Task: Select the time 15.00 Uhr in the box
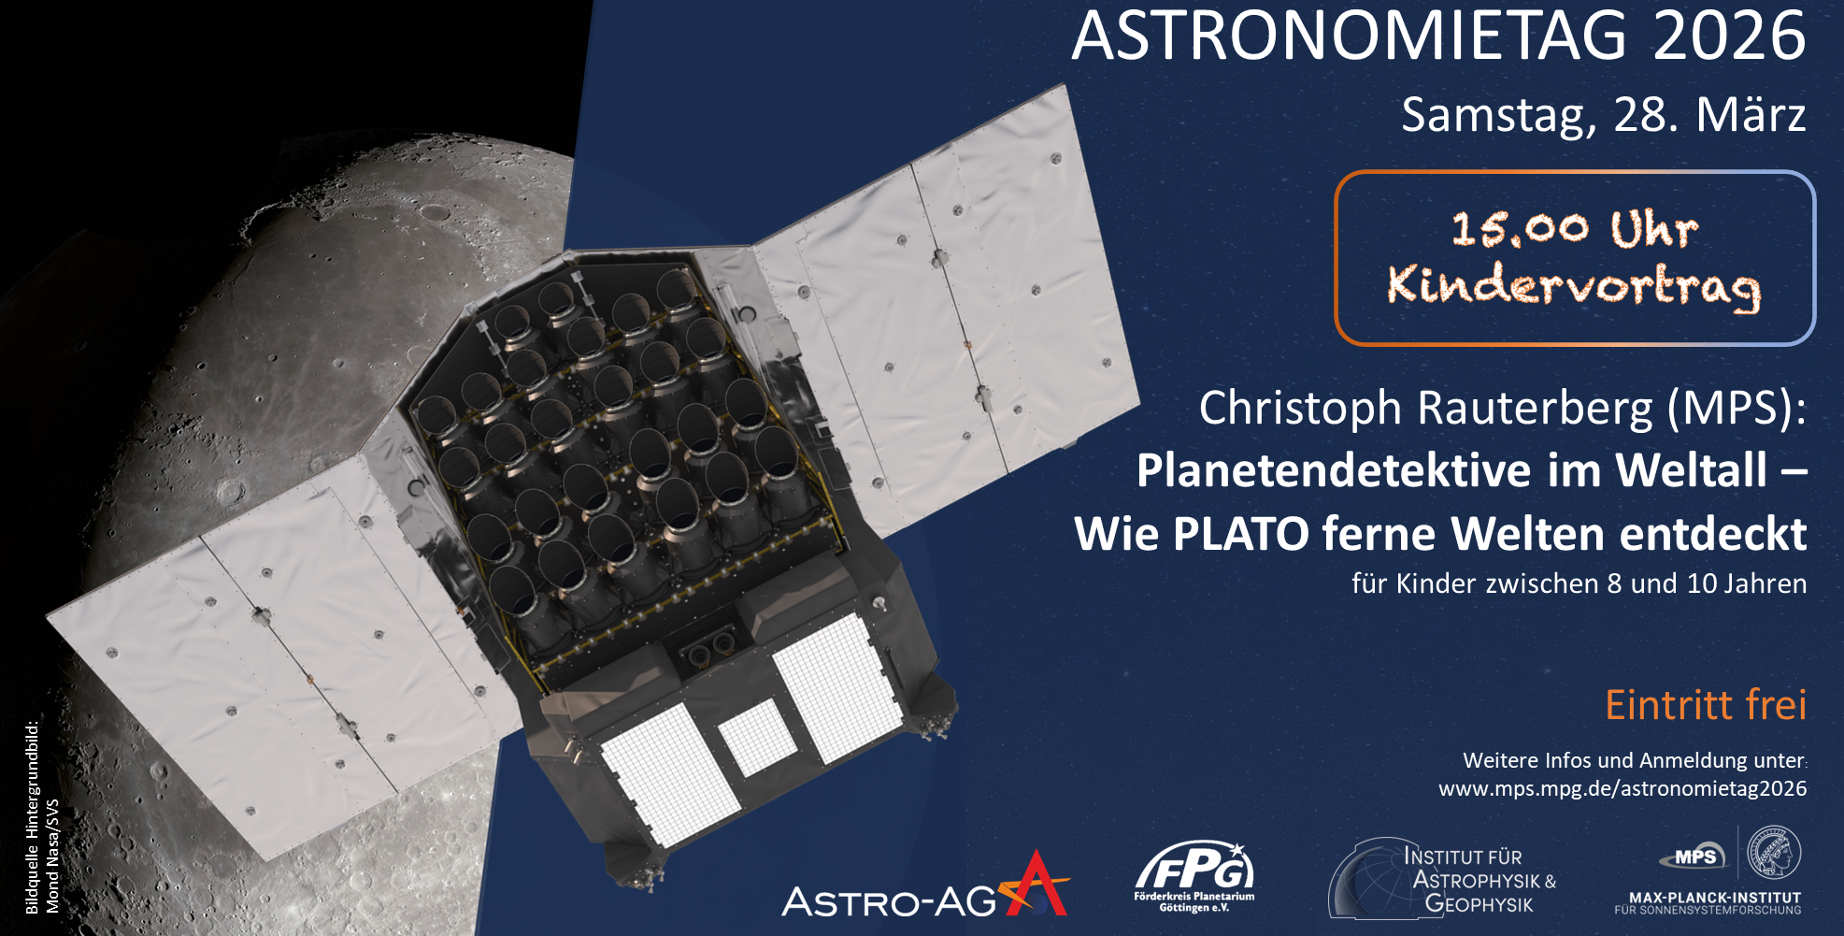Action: (1575, 229)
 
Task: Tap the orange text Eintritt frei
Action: (1706, 705)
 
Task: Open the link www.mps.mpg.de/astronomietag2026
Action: (1622, 788)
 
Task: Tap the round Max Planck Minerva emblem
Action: (1773, 852)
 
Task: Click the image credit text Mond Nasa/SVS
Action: (52, 856)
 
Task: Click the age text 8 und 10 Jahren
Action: (1707, 583)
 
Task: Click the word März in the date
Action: (1751, 114)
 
